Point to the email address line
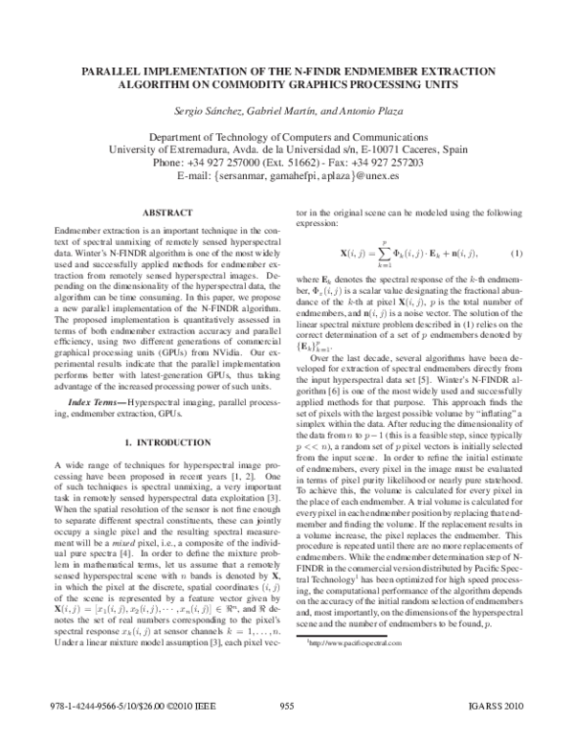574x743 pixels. tap(286, 176)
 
